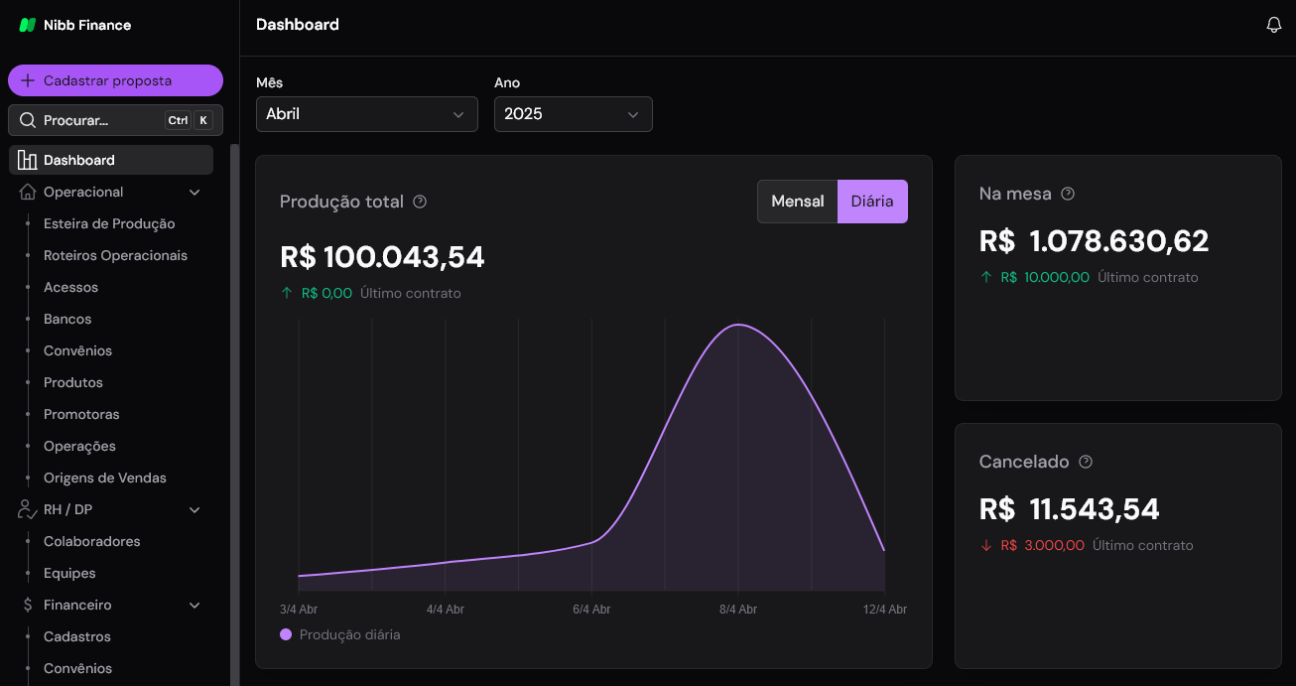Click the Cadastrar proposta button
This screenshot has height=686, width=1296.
tap(115, 80)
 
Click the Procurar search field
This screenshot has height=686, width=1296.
tap(99, 120)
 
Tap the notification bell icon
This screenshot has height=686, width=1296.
tap(1274, 26)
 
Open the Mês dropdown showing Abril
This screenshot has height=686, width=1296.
tap(366, 114)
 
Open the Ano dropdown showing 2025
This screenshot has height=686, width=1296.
tap(573, 114)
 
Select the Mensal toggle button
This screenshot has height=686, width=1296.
tap(797, 202)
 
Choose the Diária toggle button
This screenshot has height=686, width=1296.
tap(872, 202)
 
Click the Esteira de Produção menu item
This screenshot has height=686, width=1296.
tap(109, 223)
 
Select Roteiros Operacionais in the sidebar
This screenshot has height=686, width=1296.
tap(115, 255)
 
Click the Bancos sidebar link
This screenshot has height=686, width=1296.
tap(67, 319)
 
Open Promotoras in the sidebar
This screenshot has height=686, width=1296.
tap(81, 414)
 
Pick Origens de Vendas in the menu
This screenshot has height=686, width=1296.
tap(105, 478)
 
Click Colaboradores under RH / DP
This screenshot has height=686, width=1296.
tap(92, 541)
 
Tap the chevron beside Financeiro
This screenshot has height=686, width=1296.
tap(194, 606)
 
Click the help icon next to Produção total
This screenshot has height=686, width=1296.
tap(420, 202)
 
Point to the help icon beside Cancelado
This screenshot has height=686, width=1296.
tap(1086, 462)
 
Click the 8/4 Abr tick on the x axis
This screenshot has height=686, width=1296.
tap(738, 609)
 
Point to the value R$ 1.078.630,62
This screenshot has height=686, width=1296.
tap(1094, 241)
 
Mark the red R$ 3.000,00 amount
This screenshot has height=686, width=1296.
tap(1042, 545)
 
